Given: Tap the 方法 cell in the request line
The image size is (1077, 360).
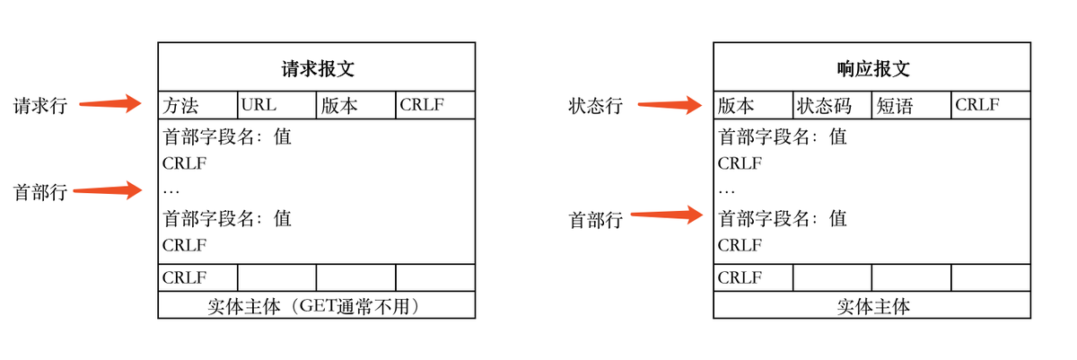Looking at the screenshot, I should click(198, 105).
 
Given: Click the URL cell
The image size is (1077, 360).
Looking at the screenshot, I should click(277, 105).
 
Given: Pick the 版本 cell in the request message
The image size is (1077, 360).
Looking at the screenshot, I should click(356, 105).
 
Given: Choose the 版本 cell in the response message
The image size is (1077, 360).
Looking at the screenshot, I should click(753, 105).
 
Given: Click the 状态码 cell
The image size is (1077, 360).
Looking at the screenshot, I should click(832, 105).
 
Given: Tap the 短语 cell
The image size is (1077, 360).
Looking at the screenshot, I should click(911, 105).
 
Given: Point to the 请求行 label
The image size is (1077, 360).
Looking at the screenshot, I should click(39, 106).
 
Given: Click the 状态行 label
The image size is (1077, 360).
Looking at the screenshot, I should click(595, 106).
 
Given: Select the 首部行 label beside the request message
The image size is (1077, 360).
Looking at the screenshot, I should click(39, 192).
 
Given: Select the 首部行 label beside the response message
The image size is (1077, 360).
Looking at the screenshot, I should click(595, 219).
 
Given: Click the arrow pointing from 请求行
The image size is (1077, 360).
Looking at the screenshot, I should click(110, 104).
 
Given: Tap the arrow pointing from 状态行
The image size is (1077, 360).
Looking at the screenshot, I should click(669, 105).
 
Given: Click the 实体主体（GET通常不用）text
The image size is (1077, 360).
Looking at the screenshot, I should click(316, 306).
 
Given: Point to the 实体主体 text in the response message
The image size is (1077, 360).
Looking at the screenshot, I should click(872, 306).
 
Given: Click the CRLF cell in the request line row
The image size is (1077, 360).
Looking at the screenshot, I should click(435, 105).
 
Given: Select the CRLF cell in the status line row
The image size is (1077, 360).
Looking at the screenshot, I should click(991, 105).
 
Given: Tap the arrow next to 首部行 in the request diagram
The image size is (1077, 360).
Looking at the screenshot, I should click(108, 190).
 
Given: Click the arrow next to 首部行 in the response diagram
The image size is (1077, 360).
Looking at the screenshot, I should click(665, 214).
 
